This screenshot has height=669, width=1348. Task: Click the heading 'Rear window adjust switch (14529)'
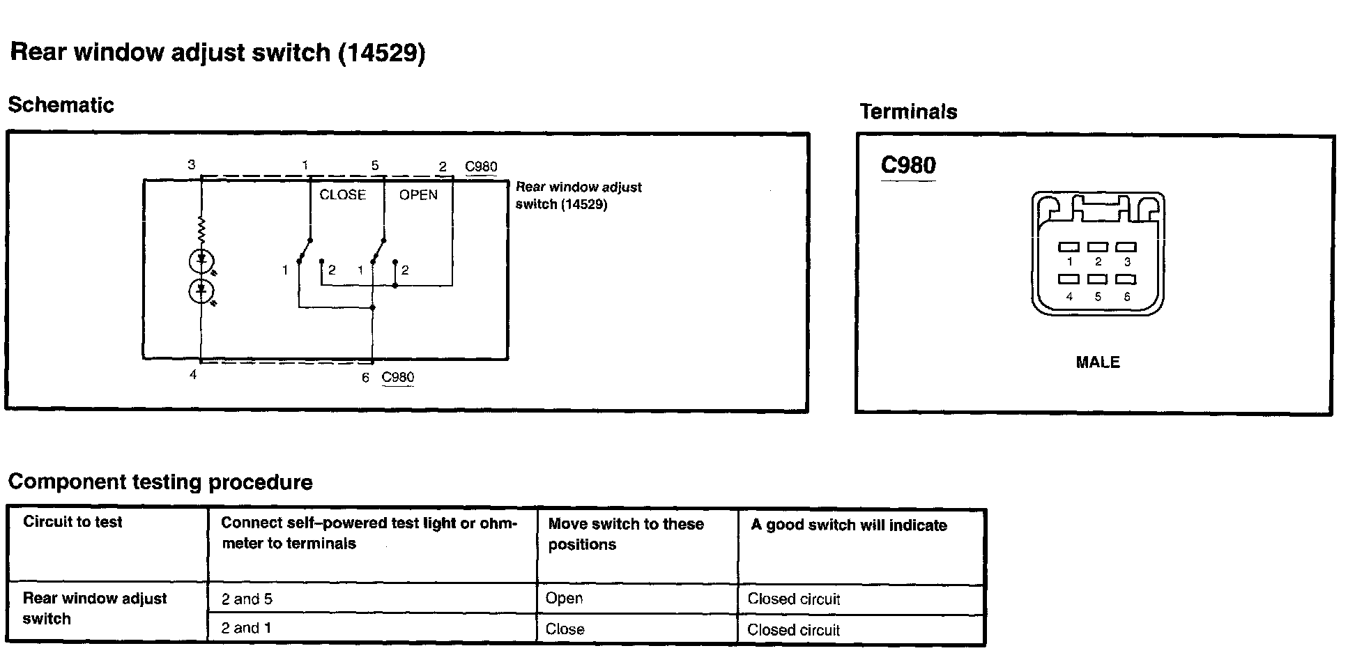click(217, 53)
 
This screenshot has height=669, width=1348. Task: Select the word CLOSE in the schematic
click(342, 195)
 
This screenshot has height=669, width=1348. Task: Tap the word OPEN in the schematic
click(418, 195)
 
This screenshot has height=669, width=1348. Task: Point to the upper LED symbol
click(201, 261)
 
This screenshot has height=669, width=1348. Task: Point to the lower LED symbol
click(201, 291)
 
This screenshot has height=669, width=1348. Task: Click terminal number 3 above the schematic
click(192, 165)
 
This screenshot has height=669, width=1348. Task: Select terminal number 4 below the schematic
click(193, 375)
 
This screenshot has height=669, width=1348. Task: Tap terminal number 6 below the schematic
click(365, 378)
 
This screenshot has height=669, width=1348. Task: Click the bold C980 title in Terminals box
click(908, 165)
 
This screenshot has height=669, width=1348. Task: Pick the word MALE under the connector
click(1098, 362)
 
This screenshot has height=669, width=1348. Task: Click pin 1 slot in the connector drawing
click(1069, 247)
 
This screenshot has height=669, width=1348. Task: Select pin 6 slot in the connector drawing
click(1126, 279)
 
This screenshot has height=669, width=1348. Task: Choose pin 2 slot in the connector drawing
click(1098, 247)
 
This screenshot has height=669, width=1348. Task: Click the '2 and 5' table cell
click(247, 599)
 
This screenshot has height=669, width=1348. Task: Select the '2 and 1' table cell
click(246, 629)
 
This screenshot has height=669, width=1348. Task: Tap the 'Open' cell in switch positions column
click(564, 599)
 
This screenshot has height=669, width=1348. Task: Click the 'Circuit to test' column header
click(72, 522)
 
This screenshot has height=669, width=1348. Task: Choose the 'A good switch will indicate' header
click(848, 525)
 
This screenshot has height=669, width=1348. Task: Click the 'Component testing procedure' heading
click(160, 482)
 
